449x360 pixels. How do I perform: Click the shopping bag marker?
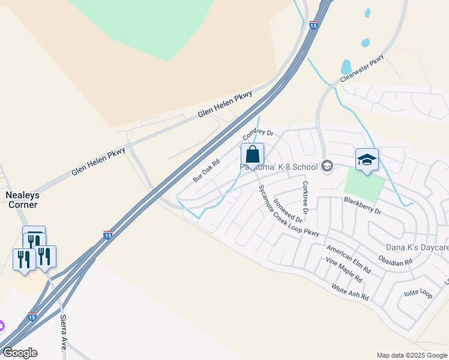[x=253, y=155]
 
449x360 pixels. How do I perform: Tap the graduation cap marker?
[x=367, y=160]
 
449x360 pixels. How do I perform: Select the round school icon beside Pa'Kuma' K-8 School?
[x=327, y=166]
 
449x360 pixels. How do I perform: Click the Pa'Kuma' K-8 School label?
[x=279, y=167]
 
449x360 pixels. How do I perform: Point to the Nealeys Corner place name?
[x=21, y=200]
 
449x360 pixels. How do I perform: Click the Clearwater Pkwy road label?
[x=361, y=68]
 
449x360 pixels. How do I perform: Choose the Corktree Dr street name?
[x=305, y=197]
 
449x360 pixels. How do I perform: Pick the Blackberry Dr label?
[x=363, y=205]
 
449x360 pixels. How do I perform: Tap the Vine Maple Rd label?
[x=343, y=269]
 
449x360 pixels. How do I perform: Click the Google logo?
[x=20, y=353]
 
